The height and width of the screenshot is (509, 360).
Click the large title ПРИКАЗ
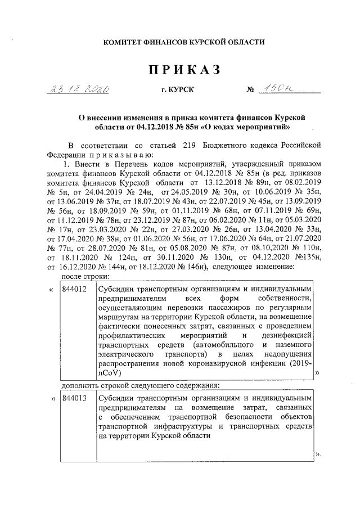coord(183,70)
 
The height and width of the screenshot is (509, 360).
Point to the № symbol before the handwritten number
coord(251,89)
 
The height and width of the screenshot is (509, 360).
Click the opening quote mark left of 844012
coord(52,290)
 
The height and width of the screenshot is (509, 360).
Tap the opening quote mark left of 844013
coord(52,399)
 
